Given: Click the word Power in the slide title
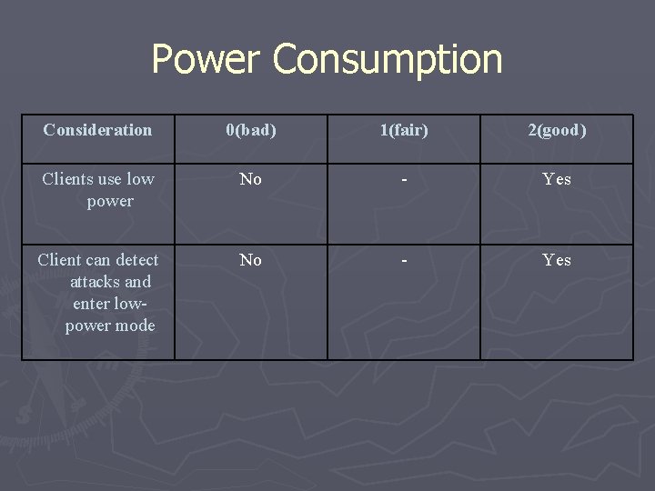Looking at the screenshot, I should (207, 59).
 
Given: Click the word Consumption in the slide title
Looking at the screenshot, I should (387, 59).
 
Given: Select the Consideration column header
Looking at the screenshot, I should (97, 130).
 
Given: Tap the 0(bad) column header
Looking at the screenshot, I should (251, 130).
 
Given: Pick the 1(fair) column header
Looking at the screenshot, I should (404, 130).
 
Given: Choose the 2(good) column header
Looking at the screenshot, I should (557, 130).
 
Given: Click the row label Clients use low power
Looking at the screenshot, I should (98, 190).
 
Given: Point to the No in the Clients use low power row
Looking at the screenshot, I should (251, 179).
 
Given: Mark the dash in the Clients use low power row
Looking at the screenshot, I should (404, 180).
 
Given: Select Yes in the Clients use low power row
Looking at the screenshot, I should (557, 179).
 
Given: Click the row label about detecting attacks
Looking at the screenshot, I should (98, 293).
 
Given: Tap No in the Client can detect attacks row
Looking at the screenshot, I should (251, 260).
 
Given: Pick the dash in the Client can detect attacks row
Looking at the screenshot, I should (404, 261).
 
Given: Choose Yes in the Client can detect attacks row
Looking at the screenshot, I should (557, 260).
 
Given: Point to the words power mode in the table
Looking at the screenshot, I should (110, 326).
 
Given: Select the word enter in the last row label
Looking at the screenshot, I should (91, 304).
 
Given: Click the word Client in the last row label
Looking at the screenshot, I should (59, 260).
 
